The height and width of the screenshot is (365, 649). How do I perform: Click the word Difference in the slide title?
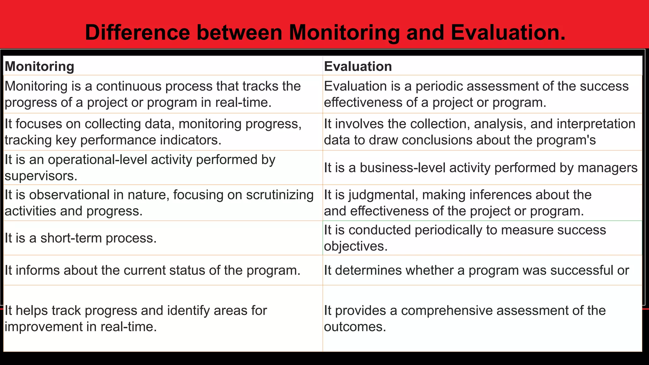[137, 32]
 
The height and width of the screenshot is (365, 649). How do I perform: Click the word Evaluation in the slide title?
[508, 32]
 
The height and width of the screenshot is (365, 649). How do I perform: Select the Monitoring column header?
[39, 66]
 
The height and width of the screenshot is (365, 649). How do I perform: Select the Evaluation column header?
[358, 66]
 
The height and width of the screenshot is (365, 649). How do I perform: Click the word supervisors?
[41, 176]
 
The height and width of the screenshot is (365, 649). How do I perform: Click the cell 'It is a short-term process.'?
[80, 238]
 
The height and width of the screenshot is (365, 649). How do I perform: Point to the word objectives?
[355, 246]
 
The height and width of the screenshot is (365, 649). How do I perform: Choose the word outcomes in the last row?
[355, 327]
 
